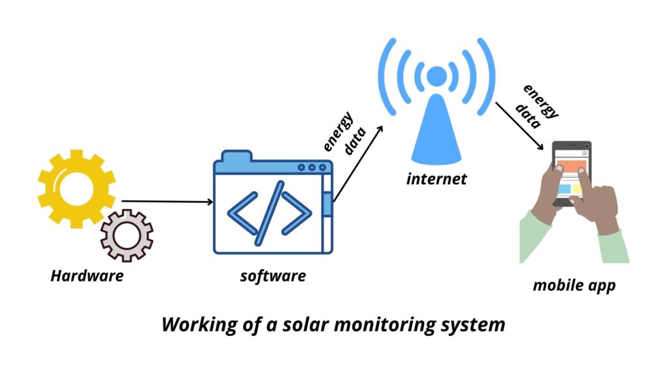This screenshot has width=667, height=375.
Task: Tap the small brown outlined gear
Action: tap(126, 235)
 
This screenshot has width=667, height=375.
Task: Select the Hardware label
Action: tap(87, 275)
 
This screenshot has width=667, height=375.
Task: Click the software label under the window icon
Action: tap(273, 275)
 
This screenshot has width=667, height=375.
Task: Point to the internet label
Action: tap(436, 178)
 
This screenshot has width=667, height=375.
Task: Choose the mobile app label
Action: tap(574, 285)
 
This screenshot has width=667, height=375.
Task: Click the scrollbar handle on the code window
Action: tap(328, 203)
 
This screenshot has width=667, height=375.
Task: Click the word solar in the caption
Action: tap(300, 324)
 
